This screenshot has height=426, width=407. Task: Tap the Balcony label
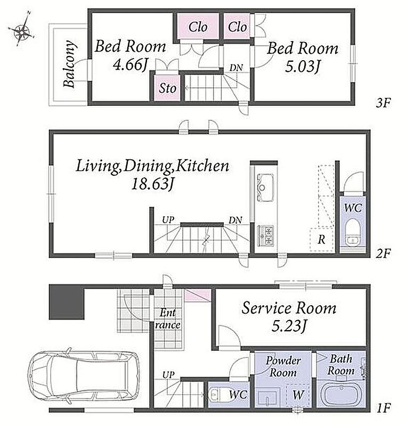click(x=69, y=64)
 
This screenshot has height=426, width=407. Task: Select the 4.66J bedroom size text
click(x=131, y=64)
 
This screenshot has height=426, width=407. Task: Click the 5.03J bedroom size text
click(x=302, y=66)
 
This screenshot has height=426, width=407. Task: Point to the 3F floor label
click(x=384, y=103)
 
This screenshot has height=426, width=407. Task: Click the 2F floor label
click(x=384, y=253)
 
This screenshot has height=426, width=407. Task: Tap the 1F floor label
click(x=384, y=408)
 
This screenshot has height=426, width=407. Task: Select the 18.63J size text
click(x=152, y=184)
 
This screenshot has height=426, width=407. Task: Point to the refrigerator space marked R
click(x=322, y=239)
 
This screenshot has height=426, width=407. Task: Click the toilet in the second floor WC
click(x=352, y=232)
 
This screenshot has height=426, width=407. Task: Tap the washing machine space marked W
click(x=298, y=395)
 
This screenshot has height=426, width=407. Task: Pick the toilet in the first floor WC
click(x=219, y=395)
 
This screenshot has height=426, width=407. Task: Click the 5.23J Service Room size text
click(x=289, y=325)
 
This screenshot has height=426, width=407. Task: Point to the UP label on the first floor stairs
click(x=168, y=375)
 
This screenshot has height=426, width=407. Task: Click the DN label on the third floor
click(x=236, y=68)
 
